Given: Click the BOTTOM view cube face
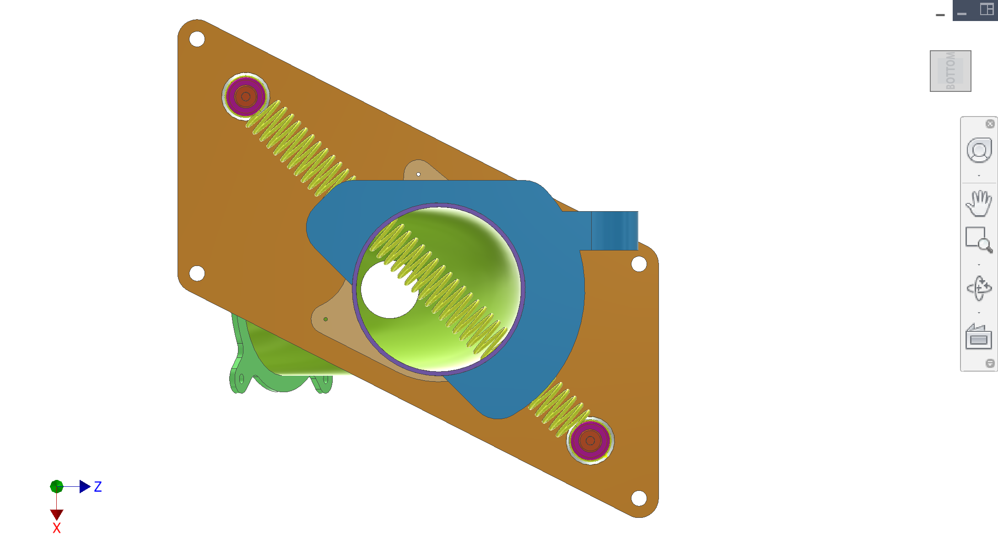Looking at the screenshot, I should (x=950, y=71).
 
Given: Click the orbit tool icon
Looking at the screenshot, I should (x=978, y=288).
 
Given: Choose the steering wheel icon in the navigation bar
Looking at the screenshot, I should (x=978, y=150).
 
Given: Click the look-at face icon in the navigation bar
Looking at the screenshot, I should (x=978, y=337).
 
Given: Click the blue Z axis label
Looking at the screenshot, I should (x=98, y=486).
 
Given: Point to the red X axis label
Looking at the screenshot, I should (x=56, y=528).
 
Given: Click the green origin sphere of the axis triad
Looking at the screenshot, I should (x=57, y=486).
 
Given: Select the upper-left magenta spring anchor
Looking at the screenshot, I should (x=246, y=96).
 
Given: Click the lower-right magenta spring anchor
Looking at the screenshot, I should (x=590, y=441).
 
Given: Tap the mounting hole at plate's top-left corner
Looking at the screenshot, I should (x=197, y=39).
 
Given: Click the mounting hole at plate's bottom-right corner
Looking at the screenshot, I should (x=639, y=498).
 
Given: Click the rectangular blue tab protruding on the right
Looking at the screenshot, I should (x=614, y=230).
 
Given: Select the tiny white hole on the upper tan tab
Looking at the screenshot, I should (x=418, y=174).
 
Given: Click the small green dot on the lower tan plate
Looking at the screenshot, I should (x=325, y=319).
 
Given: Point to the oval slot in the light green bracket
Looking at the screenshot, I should (x=241, y=379).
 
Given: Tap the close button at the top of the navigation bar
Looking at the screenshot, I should (x=990, y=124).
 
